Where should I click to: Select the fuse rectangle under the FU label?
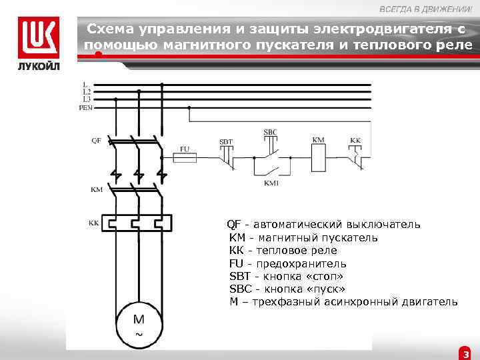pos(185,158)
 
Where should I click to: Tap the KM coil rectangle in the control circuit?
pos(319,158)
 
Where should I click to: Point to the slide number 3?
pos(465,353)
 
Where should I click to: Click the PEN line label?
pos(86,107)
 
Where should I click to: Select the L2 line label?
pos(86,91)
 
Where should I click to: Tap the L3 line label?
pos(86,99)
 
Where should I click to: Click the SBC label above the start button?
pos(270,132)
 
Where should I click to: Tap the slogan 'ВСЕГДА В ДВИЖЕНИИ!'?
pos(426,8)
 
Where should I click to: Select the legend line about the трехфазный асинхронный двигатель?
pos(343,302)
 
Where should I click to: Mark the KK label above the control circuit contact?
pos(356,141)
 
